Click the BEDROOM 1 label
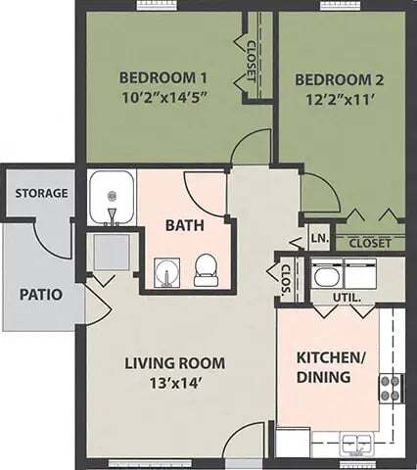163,77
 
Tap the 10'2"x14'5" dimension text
163,99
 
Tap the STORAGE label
41,193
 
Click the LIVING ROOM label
174,363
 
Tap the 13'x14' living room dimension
174,385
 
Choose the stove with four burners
391,389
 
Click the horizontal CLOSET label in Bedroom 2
370,242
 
